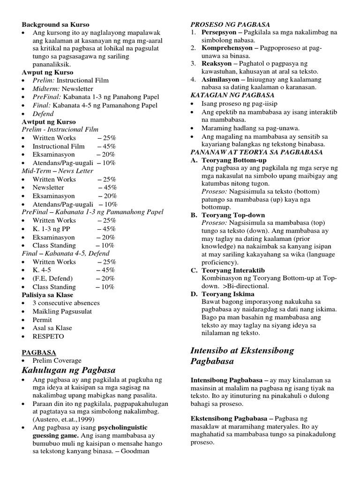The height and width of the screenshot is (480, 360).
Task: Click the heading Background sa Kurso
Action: [x=55, y=24]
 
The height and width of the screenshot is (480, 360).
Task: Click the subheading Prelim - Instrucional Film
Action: [x=60, y=129]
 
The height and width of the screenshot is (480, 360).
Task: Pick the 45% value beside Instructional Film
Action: [x=106, y=146]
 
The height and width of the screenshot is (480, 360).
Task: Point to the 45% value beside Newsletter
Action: [x=107, y=187]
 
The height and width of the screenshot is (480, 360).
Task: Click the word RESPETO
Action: [x=48, y=336]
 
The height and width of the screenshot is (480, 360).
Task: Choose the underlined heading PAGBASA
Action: [x=39, y=352]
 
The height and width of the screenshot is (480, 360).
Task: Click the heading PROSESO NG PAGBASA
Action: [x=230, y=24]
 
